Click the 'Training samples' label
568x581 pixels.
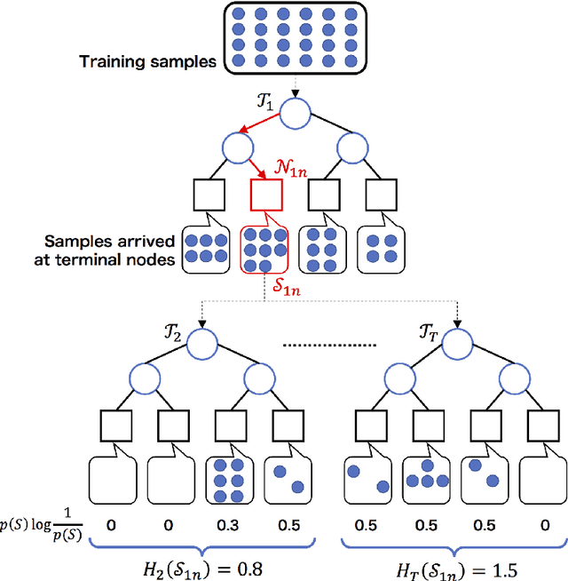coord(146,61)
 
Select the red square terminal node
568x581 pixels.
coord(266,195)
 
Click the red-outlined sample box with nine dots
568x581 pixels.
coord(264,250)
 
